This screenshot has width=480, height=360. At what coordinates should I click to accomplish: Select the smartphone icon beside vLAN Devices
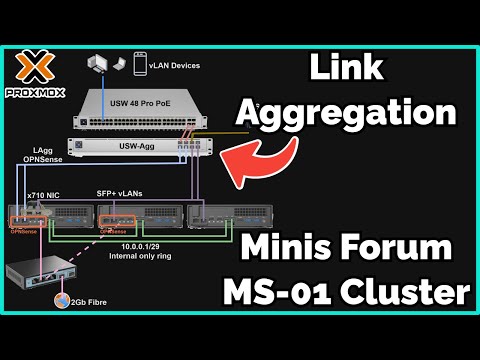[135, 64]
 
